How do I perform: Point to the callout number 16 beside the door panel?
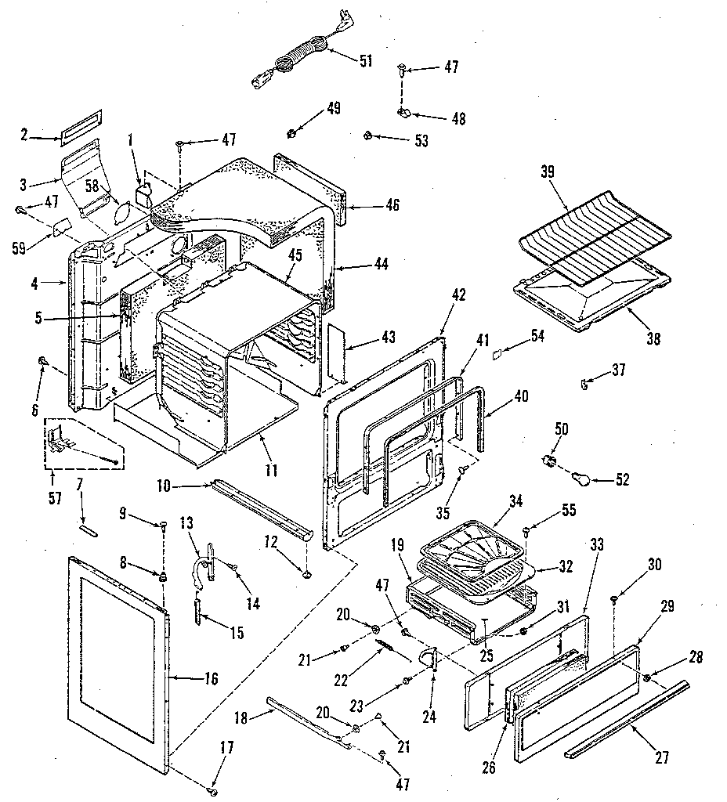tap(212, 678)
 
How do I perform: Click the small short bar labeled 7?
tap(89, 529)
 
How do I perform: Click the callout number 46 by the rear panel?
tap(392, 205)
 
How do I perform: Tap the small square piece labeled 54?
tap(496, 355)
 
